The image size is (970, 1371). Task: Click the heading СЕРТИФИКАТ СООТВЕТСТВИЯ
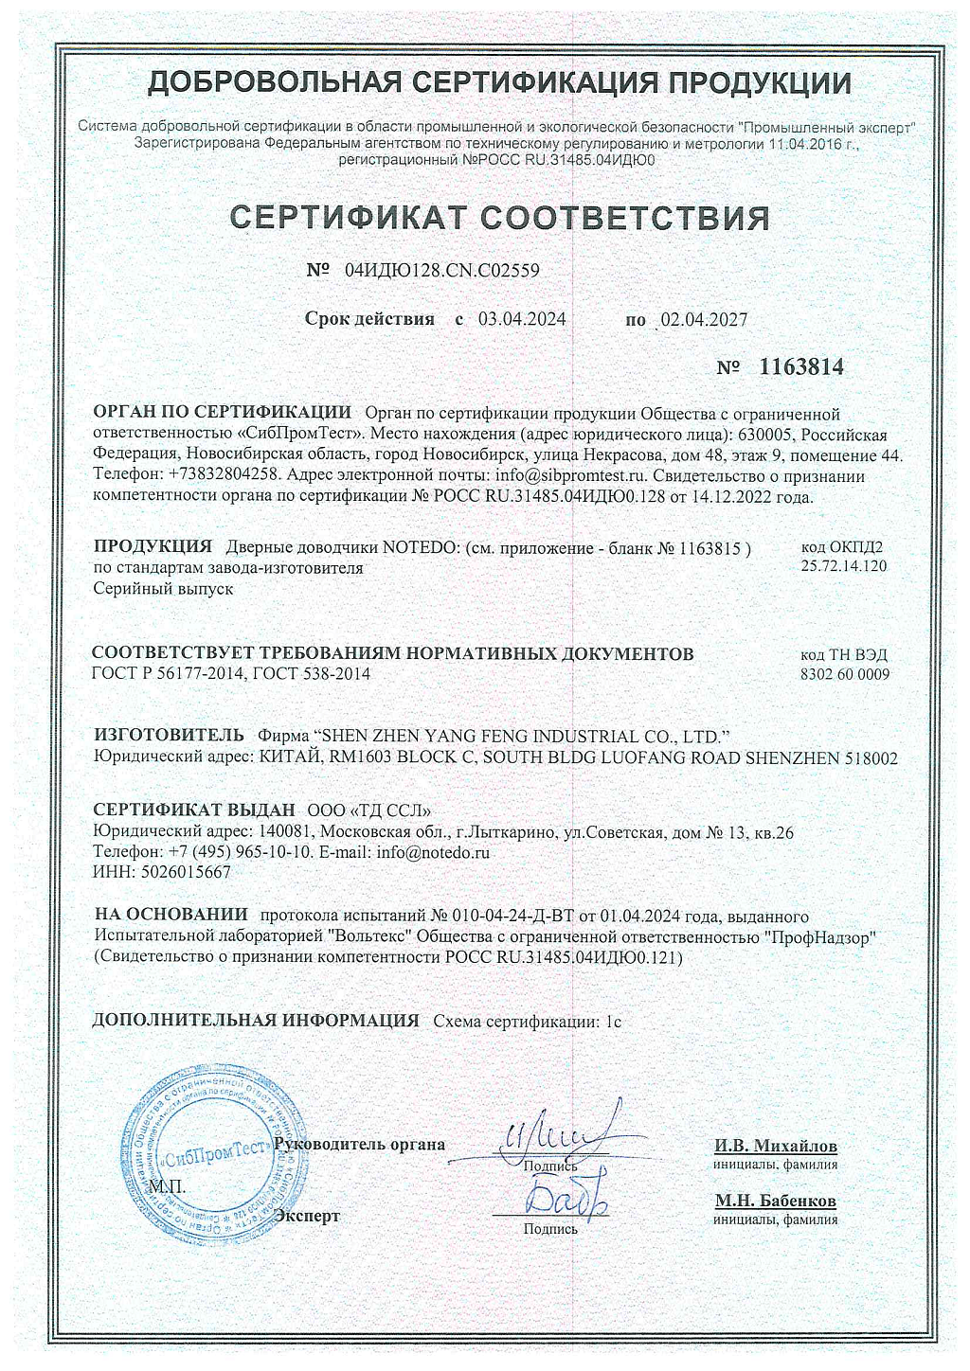pyautogui.click(x=500, y=218)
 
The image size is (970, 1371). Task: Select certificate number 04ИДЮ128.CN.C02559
pyautogui.click(x=442, y=270)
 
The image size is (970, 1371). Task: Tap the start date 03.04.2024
pyautogui.click(x=522, y=319)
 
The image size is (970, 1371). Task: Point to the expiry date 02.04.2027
pyautogui.click(x=704, y=320)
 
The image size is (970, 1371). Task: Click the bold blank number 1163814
pyautogui.click(x=800, y=366)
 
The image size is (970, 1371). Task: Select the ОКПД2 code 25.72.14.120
pyautogui.click(x=843, y=566)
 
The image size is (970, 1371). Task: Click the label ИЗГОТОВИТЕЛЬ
pyautogui.click(x=156, y=735)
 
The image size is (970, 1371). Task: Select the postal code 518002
pyautogui.click(x=869, y=757)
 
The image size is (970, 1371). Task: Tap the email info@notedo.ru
pyautogui.click(x=433, y=852)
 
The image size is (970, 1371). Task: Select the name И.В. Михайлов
pyautogui.click(x=776, y=1146)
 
